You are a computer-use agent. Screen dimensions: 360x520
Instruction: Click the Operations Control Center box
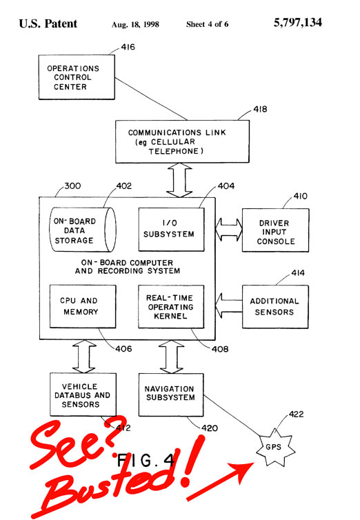[x=77, y=77]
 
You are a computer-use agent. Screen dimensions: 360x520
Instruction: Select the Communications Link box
[x=182, y=141]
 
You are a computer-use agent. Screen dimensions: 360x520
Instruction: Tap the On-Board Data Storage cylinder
[x=83, y=230]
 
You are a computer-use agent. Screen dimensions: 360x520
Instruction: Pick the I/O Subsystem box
[x=171, y=229]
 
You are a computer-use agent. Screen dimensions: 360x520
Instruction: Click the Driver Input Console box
[x=275, y=230]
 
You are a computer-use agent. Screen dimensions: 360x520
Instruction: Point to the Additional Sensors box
[x=275, y=307]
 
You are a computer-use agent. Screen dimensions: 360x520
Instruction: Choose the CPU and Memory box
[x=83, y=306]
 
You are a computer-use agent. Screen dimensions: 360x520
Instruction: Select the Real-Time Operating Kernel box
[x=171, y=307]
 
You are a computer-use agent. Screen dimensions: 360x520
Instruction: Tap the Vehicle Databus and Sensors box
[x=83, y=394]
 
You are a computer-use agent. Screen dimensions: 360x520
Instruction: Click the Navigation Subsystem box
[x=171, y=394]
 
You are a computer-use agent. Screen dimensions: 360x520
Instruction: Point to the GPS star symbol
[x=274, y=448]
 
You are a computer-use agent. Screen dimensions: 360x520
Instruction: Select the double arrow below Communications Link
[x=179, y=180]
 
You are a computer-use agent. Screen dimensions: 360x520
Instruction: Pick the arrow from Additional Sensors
[x=229, y=306]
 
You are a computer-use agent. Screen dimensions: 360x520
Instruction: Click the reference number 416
[x=128, y=47]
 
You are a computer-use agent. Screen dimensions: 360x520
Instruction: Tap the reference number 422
[x=296, y=414]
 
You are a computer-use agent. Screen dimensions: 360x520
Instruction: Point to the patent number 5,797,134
[x=298, y=23]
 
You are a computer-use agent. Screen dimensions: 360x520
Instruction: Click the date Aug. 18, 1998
[x=135, y=25]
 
